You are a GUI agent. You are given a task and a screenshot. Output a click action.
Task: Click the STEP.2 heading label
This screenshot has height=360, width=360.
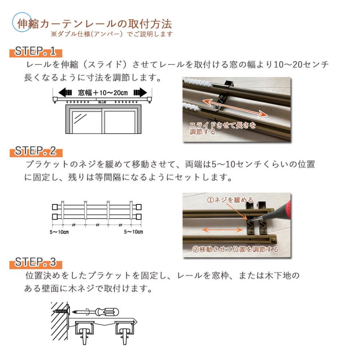pyautogui.click(x=36, y=152)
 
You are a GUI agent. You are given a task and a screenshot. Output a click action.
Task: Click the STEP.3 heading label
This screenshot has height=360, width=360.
pyautogui.click(x=36, y=263)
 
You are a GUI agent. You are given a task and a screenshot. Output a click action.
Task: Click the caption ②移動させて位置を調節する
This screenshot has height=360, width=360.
pyautogui.click(x=235, y=250)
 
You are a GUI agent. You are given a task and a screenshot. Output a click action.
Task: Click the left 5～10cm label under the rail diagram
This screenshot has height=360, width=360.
pyautogui.click(x=58, y=232)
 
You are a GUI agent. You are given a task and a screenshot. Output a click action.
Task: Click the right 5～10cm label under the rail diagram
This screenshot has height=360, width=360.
pyautogui.click(x=134, y=232)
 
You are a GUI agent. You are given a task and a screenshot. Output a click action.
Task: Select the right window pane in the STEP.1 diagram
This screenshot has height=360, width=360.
pyautogui.click(x=120, y=122)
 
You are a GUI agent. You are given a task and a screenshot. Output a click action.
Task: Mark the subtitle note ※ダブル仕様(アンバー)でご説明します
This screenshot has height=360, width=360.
pyautogui.click(x=112, y=34)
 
